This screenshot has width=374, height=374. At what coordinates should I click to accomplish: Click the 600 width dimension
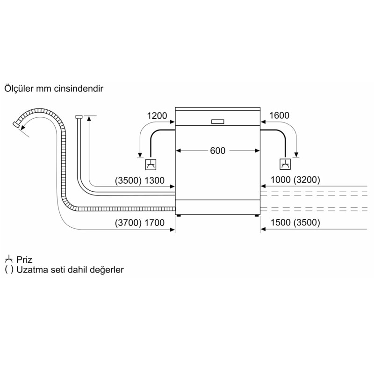(217, 151)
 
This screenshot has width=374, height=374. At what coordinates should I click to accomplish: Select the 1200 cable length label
(157, 116)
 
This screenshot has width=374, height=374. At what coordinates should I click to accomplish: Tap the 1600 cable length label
(279, 115)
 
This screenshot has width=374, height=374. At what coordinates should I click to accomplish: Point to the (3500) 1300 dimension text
(140, 180)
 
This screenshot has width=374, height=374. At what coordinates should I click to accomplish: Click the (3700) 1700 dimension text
(140, 223)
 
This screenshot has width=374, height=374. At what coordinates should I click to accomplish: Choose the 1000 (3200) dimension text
(295, 180)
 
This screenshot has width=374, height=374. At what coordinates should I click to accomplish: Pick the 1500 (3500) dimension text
(295, 223)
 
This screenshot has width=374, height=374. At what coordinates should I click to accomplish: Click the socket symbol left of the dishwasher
(151, 165)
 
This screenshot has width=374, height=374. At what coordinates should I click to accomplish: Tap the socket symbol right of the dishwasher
(285, 164)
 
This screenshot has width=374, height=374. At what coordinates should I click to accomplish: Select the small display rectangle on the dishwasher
(217, 122)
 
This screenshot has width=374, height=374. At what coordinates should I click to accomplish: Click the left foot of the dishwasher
(179, 216)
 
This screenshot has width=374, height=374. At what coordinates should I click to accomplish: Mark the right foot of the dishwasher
(256, 216)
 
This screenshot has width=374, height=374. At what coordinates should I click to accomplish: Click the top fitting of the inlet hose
(79, 117)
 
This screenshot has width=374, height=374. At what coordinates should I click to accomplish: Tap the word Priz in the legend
(24, 259)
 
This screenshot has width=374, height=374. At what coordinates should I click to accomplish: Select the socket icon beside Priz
(9, 259)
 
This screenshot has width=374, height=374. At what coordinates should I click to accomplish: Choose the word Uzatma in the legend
(29, 270)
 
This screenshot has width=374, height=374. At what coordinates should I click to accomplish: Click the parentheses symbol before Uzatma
(9, 270)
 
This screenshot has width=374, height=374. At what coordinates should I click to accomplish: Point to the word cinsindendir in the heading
(79, 88)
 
